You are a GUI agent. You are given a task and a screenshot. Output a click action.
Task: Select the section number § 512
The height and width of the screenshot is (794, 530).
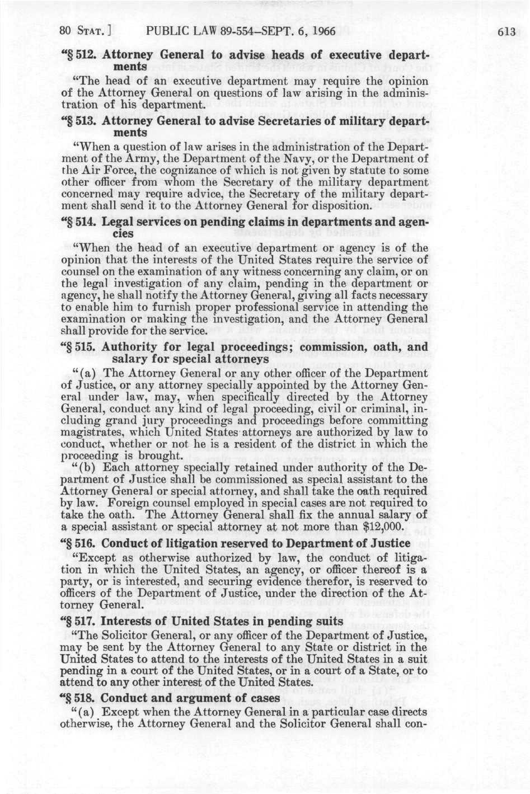click(x=79, y=55)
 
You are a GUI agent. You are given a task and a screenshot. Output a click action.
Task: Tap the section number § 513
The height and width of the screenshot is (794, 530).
click(x=79, y=121)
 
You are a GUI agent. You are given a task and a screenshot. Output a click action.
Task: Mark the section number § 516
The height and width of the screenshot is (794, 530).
click(x=79, y=543)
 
